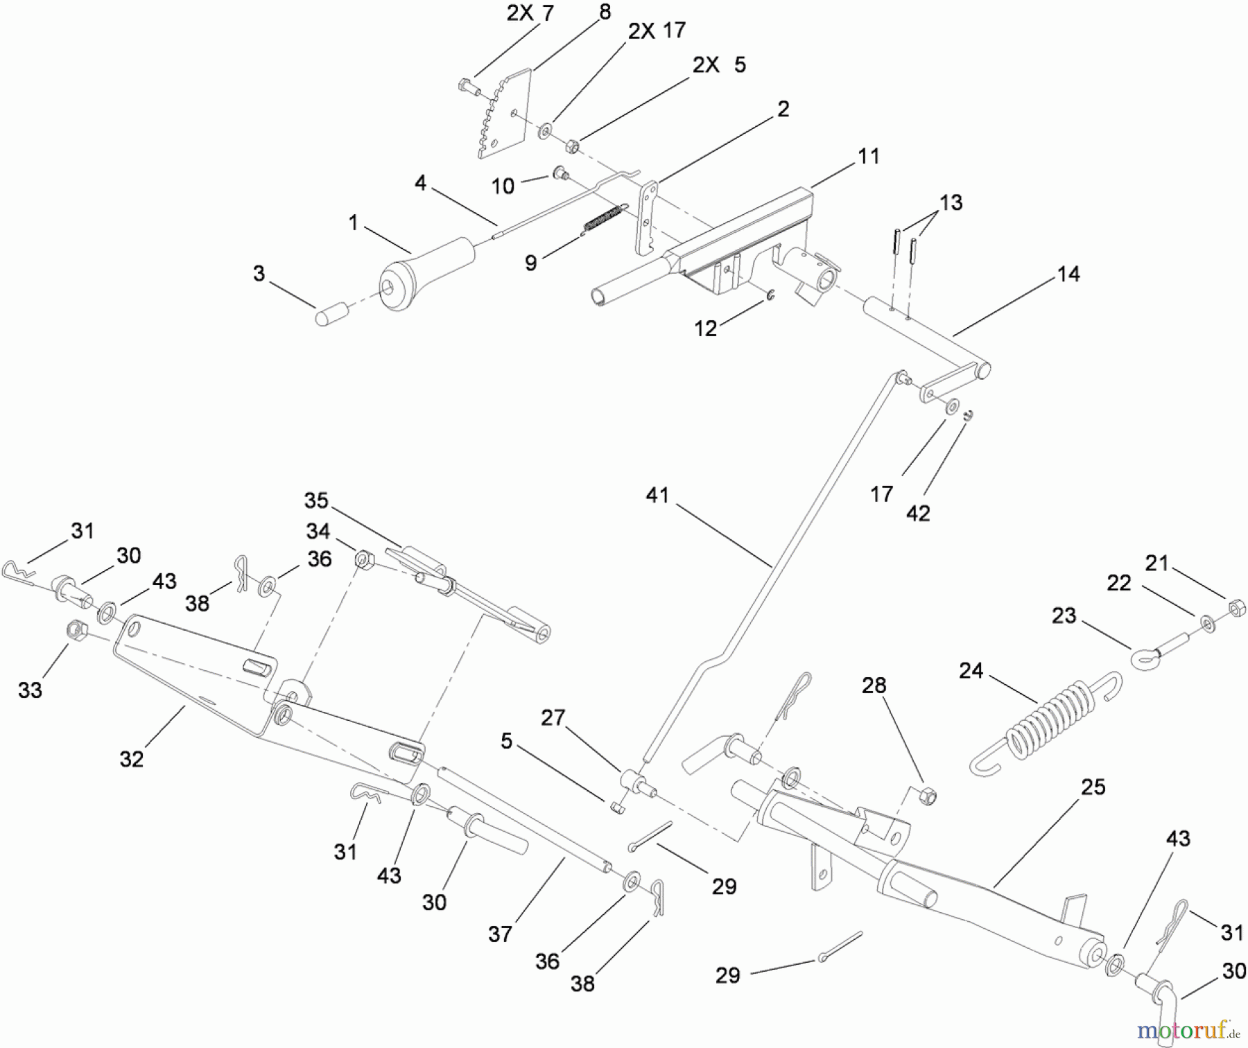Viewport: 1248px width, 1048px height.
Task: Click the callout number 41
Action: pyautogui.click(x=657, y=496)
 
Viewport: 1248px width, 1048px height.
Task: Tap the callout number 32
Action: pyautogui.click(x=132, y=759)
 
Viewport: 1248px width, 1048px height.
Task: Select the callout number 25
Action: pyautogui.click(x=1093, y=787)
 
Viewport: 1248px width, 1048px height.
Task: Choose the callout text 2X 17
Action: pyautogui.click(x=657, y=30)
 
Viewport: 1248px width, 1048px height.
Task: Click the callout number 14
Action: pyautogui.click(x=1068, y=274)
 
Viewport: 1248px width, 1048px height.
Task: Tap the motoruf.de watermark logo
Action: pyautogui.click(x=1186, y=1030)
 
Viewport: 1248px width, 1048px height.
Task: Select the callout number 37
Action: pyautogui.click(x=500, y=934)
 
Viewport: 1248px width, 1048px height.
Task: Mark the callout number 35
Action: pyautogui.click(x=316, y=500)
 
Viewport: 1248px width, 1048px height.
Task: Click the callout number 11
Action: pyautogui.click(x=868, y=157)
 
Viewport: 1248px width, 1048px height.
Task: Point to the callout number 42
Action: pyautogui.click(x=918, y=514)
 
